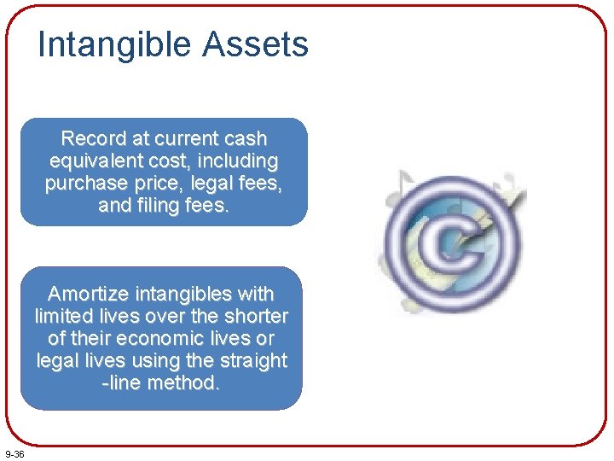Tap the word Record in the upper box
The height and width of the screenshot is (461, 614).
[x=92, y=138]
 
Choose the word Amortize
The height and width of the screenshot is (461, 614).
[x=88, y=295]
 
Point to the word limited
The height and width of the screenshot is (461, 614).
[x=65, y=317]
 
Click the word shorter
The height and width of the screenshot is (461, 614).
[x=257, y=317]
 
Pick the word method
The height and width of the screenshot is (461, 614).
[x=183, y=383]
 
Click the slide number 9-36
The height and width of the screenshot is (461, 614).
[x=14, y=453]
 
